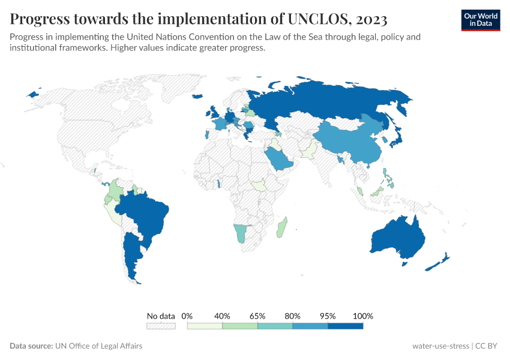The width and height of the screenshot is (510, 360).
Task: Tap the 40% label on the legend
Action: pyautogui.click(x=222, y=316)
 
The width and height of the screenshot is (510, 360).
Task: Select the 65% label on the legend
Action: pyautogui.click(x=257, y=316)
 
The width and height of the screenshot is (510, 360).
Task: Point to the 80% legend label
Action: pyautogui.click(x=293, y=316)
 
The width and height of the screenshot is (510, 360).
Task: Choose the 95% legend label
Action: pyautogui.click(x=328, y=316)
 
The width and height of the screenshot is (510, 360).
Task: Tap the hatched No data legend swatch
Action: pyautogui.click(x=161, y=326)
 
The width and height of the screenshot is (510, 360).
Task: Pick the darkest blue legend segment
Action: pyautogui.click(x=346, y=326)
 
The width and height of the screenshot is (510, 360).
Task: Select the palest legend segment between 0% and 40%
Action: pyautogui.click(x=205, y=326)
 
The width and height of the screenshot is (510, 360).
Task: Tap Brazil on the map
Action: pyautogui.click(x=144, y=213)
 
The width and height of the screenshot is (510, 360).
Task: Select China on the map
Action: pyautogui.click(x=351, y=141)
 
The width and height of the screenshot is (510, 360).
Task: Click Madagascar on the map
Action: pyautogui.click(x=282, y=228)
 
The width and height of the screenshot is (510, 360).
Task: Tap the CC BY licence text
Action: pyautogui.click(x=487, y=346)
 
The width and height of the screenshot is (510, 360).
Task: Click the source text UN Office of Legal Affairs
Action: pyautogui.click(x=98, y=346)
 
